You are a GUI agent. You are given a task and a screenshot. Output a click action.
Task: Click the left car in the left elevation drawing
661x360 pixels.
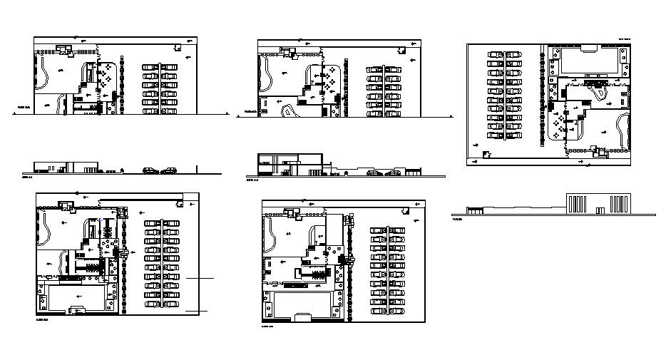[150, 170]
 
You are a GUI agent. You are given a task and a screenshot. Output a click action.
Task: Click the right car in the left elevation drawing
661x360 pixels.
[168, 170]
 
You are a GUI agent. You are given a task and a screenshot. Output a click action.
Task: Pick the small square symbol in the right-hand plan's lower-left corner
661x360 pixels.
[486, 155]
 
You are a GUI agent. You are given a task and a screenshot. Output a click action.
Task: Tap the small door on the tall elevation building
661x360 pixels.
[600, 210]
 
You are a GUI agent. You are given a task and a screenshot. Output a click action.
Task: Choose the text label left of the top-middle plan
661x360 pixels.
[250, 112]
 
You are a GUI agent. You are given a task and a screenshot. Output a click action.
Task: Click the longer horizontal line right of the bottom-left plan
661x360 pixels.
[200, 277]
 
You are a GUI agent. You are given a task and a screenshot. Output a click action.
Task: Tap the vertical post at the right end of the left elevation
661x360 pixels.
[197, 169]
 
